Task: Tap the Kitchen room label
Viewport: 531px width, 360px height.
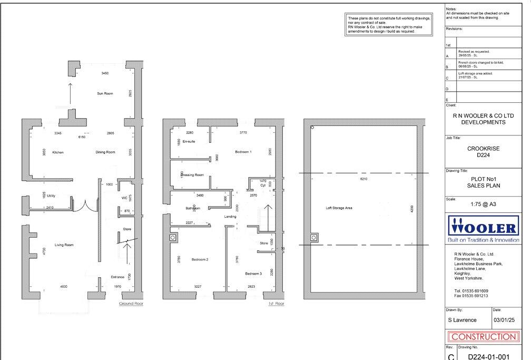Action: [x=58, y=152]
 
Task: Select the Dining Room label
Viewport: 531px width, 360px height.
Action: [x=105, y=152]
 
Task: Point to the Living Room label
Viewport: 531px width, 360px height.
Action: [x=64, y=245]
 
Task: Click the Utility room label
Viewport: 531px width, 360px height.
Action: [x=51, y=196]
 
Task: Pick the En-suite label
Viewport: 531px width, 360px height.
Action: [x=189, y=141]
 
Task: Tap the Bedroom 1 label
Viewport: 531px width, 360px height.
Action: [x=243, y=152]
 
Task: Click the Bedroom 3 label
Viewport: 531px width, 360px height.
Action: [x=253, y=274]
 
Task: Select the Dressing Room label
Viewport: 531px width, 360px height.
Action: [x=192, y=174]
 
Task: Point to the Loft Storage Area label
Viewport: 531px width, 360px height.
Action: [x=339, y=208]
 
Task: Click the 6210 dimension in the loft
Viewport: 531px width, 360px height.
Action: [x=362, y=179]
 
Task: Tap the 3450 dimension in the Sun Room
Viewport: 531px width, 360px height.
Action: [x=105, y=73]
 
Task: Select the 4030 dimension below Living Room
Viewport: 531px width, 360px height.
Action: [x=63, y=286]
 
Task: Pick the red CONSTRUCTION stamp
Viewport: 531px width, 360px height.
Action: [x=483, y=336]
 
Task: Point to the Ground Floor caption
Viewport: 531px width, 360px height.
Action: [x=131, y=304]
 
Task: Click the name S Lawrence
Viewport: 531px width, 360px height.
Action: [x=462, y=319]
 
